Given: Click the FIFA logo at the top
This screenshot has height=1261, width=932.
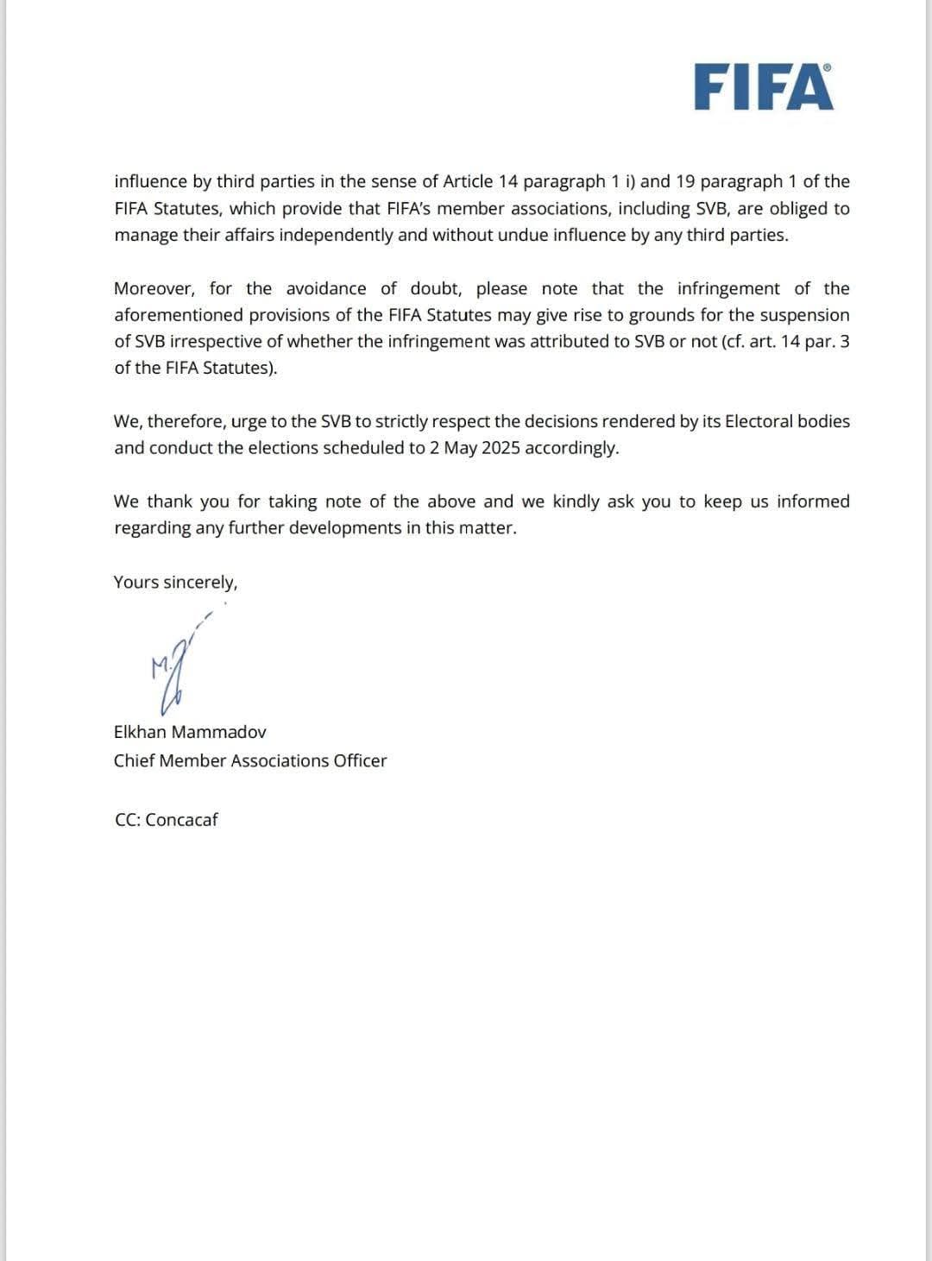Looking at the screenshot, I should click(764, 87).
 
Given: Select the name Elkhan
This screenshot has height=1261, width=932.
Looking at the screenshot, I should click(140, 732).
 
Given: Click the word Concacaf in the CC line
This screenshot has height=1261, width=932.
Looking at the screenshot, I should click(181, 820).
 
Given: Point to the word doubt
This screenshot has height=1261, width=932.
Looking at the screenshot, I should click(436, 288).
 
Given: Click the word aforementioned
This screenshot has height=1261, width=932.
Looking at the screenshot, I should click(179, 315).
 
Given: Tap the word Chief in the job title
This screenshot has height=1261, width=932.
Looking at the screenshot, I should click(134, 760).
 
